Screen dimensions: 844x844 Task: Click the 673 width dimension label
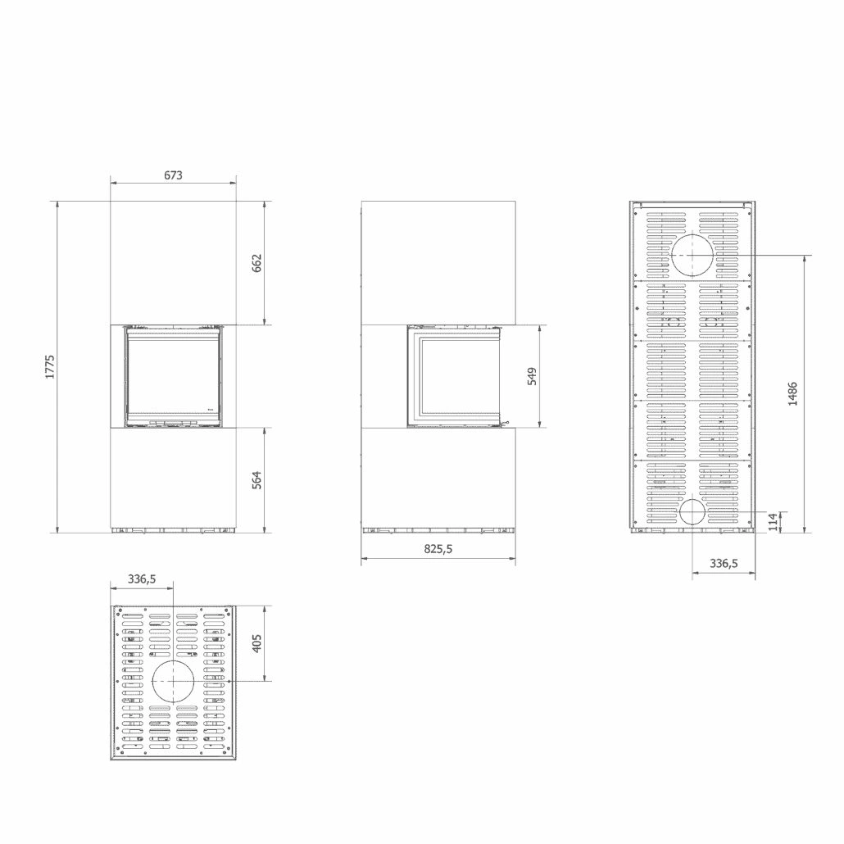(172, 175)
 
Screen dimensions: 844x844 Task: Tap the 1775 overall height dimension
(48, 365)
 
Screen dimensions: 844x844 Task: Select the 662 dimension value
(256, 262)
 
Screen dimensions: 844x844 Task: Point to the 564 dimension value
(256, 479)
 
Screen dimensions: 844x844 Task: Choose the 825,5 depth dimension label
(438, 550)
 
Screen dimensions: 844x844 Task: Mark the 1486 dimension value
(792, 393)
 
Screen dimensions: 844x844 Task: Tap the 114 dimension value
(773, 522)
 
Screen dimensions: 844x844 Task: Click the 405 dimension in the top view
(256, 643)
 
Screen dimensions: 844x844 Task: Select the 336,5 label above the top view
(142, 579)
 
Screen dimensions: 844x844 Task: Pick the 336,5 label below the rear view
(724, 563)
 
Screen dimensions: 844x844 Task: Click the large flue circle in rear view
(692, 254)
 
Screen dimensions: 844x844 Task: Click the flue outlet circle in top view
(174, 682)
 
